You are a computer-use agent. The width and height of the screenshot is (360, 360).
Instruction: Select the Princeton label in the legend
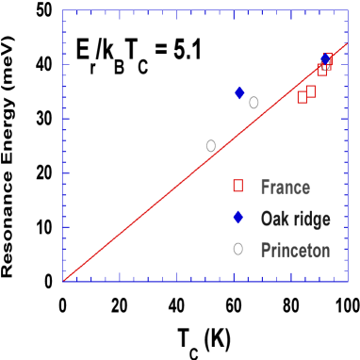tap(295, 250)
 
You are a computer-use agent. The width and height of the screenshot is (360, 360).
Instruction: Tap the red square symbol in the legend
tap(238, 187)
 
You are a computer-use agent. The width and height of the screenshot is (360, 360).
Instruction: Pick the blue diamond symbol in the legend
tap(238, 218)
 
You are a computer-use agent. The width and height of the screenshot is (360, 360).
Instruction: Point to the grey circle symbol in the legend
tap(238, 249)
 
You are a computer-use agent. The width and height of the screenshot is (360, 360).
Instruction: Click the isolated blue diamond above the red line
tap(239, 92)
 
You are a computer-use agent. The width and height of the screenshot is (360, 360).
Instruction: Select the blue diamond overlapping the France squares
tap(325, 59)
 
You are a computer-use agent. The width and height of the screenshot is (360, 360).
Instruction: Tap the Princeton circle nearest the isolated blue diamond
tap(254, 103)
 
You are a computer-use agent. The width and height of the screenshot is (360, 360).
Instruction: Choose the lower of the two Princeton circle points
tap(211, 145)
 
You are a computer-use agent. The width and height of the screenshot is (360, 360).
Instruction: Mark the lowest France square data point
tap(303, 96)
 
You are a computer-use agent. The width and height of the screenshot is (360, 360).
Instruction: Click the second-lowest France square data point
tap(311, 91)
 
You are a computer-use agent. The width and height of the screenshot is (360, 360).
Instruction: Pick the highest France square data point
tap(328, 60)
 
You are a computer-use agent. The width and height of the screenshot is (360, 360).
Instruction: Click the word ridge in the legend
tap(310, 219)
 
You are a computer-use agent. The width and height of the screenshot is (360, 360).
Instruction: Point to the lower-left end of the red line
tap(63, 280)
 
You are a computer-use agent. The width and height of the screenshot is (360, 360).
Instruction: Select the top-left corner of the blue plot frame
tap(63, 11)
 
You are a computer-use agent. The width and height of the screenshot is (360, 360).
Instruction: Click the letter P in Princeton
tap(265, 250)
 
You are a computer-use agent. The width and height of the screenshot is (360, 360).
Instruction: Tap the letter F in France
tap(265, 188)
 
